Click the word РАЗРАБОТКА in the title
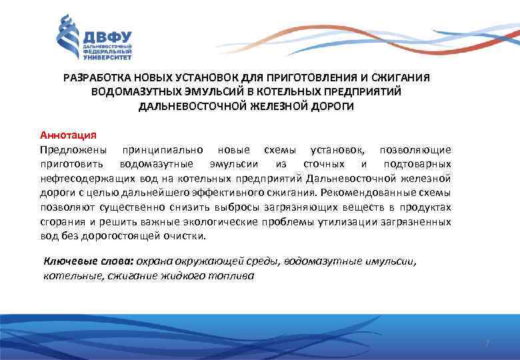pyautogui.click(x=95, y=78)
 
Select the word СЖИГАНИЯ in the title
pyautogui.click(x=403, y=78)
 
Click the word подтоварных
pyautogui.click(x=417, y=164)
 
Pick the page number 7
pyautogui.click(x=487, y=343)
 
